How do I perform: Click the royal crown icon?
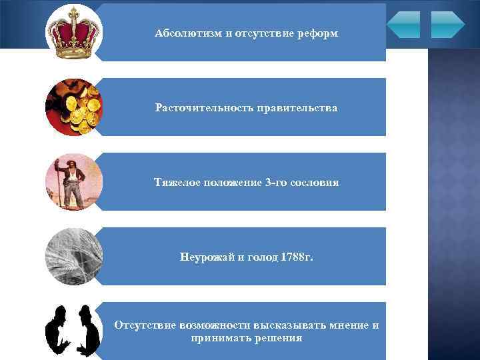74,33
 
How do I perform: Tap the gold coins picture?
74,107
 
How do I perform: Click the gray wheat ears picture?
74,257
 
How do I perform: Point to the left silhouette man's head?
59,313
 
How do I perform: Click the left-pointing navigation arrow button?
403,24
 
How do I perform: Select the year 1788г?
294,257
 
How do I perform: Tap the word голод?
258,257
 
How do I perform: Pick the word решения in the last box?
276,338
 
